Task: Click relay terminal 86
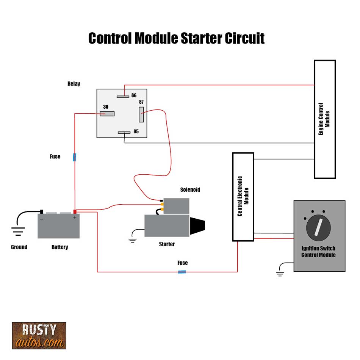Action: [x=123, y=96]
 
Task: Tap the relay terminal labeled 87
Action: [x=141, y=114]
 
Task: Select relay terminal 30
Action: [x=107, y=114]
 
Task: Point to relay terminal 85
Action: [x=124, y=133]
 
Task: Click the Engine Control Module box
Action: [x=325, y=119]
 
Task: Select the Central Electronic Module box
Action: [x=243, y=197]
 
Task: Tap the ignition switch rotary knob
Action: [x=318, y=229]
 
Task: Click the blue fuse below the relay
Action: [x=75, y=157]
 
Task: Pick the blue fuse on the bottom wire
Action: [x=182, y=272]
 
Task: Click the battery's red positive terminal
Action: [x=75, y=212]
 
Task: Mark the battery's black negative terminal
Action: [x=42, y=211]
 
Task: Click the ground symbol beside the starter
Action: [x=132, y=240]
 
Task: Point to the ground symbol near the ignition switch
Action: [x=280, y=273]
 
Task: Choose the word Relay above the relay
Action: [x=74, y=84]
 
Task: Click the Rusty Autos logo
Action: [x=39, y=335]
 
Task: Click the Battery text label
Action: [x=59, y=247]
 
